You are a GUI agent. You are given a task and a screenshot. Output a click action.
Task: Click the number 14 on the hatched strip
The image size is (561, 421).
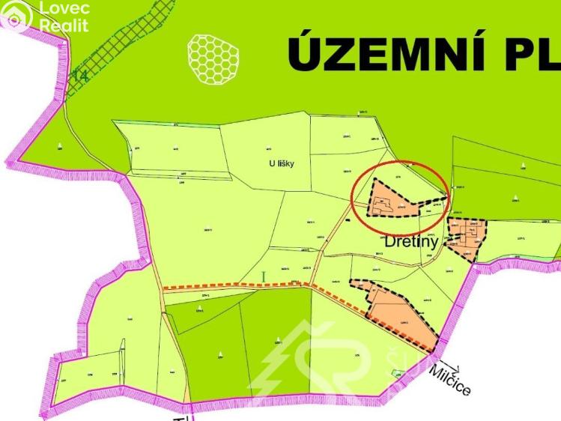79,75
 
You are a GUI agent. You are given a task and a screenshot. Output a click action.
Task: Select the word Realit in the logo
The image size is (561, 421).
64,25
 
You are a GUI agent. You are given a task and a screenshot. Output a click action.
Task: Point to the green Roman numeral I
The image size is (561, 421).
264,277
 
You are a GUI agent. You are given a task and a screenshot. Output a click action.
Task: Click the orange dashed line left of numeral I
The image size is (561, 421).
210,286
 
